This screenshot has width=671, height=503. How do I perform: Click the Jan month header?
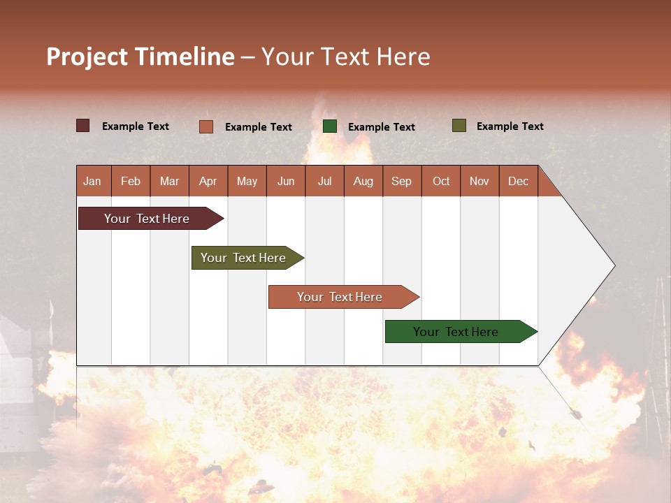coord(93,181)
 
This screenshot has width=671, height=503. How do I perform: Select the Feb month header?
coord(131,181)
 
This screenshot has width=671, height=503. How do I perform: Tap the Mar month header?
coord(169,181)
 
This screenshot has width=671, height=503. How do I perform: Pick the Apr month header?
coord(208,181)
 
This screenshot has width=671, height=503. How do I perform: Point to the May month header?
coord(247,181)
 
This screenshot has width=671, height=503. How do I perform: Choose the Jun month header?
coord(286,181)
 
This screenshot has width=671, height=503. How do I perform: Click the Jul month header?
coord(324,181)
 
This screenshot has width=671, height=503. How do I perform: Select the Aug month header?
coord(363,181)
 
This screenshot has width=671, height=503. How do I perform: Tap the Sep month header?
coord(402,181)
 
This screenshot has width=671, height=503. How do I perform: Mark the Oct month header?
coord(441,181)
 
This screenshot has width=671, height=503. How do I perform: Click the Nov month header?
coord(479,181)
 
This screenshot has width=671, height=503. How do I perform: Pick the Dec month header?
coord(519,181)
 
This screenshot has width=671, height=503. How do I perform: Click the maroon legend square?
coord(83,126)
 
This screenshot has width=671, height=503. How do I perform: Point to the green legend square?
coord(330,126)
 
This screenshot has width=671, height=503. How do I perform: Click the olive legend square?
coord(459,126)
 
